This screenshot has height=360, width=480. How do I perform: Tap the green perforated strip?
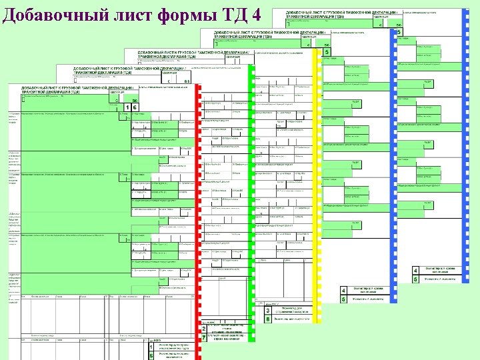(x=251, y=200)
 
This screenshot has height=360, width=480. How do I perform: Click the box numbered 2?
(x=203, y=329)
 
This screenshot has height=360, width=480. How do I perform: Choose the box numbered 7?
(x=203, y=337)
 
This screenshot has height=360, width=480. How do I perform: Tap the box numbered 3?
(x=267, y=311)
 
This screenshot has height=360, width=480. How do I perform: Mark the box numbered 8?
(x=267, y=319)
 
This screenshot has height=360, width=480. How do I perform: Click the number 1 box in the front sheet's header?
(x=127, y=107)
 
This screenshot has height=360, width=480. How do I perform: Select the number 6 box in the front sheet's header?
(x=135, y=107)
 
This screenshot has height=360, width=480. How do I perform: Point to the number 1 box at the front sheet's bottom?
(x=152, y=347)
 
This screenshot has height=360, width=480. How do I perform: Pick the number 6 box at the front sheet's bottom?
(x=152, y=356)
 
